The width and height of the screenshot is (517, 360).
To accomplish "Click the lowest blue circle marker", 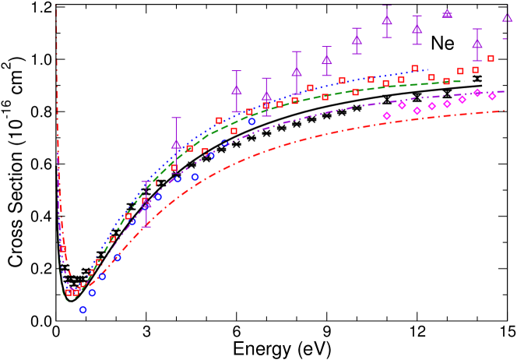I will [83, 309].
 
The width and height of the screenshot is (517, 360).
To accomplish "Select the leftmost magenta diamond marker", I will [387, 116].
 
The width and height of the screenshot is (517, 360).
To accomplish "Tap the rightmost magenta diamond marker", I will [492, 97].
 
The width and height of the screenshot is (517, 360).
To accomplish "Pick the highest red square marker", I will [491, 58].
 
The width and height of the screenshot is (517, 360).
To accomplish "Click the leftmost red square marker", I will [62, 249].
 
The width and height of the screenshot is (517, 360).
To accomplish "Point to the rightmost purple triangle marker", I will [507, 17].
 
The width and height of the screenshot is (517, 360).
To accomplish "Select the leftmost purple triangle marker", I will [146, 204].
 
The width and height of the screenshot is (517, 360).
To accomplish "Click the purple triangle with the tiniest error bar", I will [447, 13].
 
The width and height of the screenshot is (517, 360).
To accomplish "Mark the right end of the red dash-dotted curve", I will [504, 111].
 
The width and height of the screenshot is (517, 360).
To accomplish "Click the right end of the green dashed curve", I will [464, 81].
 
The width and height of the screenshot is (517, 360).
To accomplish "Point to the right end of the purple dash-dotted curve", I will [504, 92].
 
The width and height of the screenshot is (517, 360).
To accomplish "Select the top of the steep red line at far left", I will [56, 6].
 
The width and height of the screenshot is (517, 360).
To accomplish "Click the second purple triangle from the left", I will [176, 144].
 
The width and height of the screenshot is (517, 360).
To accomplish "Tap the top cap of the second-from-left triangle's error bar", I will [176, 118].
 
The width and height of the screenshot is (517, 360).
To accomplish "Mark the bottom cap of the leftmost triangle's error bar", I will [146, 227].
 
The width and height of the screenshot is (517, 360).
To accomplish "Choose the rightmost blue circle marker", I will [251, 122].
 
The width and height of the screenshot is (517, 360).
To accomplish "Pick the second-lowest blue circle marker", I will [92, 293].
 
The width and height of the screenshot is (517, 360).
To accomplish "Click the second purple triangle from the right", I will [477, 44].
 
